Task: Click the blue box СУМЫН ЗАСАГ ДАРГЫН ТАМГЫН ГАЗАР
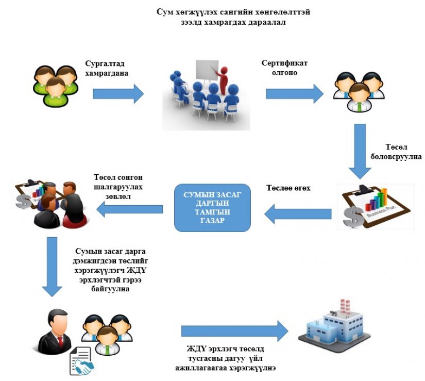(x=212, y=208)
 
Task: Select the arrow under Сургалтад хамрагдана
(x=118, y=94)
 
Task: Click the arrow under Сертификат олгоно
(x=295, y=94)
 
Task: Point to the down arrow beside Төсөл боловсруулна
(x=360, y=151)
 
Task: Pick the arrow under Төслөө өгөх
(x=298, y=214)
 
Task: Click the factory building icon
(x=334, y=326)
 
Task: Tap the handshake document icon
(x=81, y=361)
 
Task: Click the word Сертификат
(x=284, y=63)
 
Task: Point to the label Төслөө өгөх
(x=288, y=188)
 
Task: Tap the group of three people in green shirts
(x=56, y=86)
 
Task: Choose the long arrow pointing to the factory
(x=234, y=331)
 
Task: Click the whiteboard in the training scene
(x=207, y=70)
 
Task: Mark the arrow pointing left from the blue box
(x=129, y=209)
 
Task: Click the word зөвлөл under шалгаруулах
(x=118, y=196)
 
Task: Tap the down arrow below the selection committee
(x=52, y=267)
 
